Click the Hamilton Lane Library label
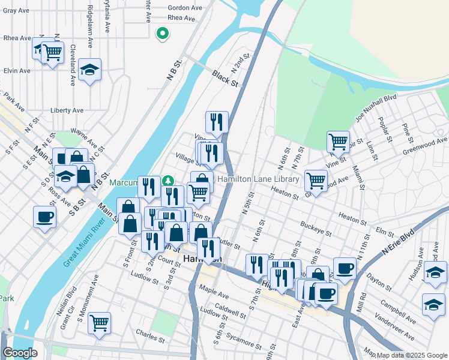tap(258, 179)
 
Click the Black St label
tap(226, 79)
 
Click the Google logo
tap(20, 353)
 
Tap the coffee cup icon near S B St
tap(45, 217)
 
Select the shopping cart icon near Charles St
tap(99, 322)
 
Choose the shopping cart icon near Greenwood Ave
tap(338, 142)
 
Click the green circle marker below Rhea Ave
tap(161, 34)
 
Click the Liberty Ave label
tap(67, 110)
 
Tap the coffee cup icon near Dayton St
tap(345, 268)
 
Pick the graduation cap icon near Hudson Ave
tap(435, 272)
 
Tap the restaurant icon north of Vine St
tap(217, 122)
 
